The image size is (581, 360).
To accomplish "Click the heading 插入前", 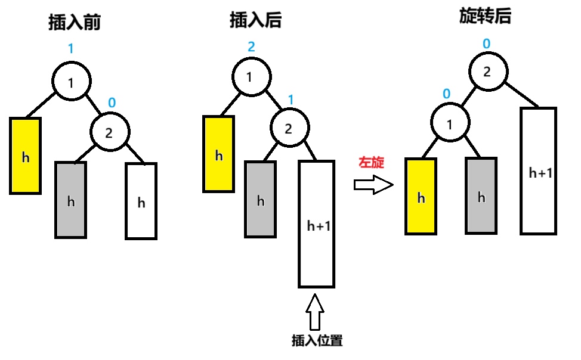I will [74, 23].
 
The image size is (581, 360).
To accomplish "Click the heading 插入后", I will [255, 21].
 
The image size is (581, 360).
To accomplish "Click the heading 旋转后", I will [485, 16].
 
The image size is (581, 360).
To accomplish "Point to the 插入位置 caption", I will [317, 341].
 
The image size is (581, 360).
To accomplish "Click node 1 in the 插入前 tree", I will [72, 82].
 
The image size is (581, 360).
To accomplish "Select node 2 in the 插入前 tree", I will [109, 132].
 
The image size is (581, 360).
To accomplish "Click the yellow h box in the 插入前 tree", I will [26, 156].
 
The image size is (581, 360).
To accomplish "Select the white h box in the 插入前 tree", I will [141, 201].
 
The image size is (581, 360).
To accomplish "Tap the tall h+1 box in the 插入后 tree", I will [316, 224].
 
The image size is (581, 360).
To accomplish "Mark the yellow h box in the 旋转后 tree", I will [421, 196].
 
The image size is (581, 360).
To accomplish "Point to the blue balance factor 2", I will [251, 46].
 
